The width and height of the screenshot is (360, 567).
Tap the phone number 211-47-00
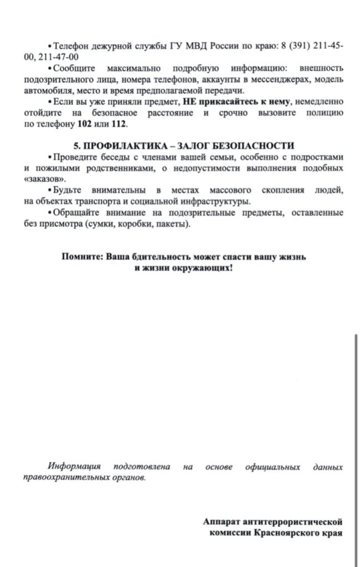[59, 56]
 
